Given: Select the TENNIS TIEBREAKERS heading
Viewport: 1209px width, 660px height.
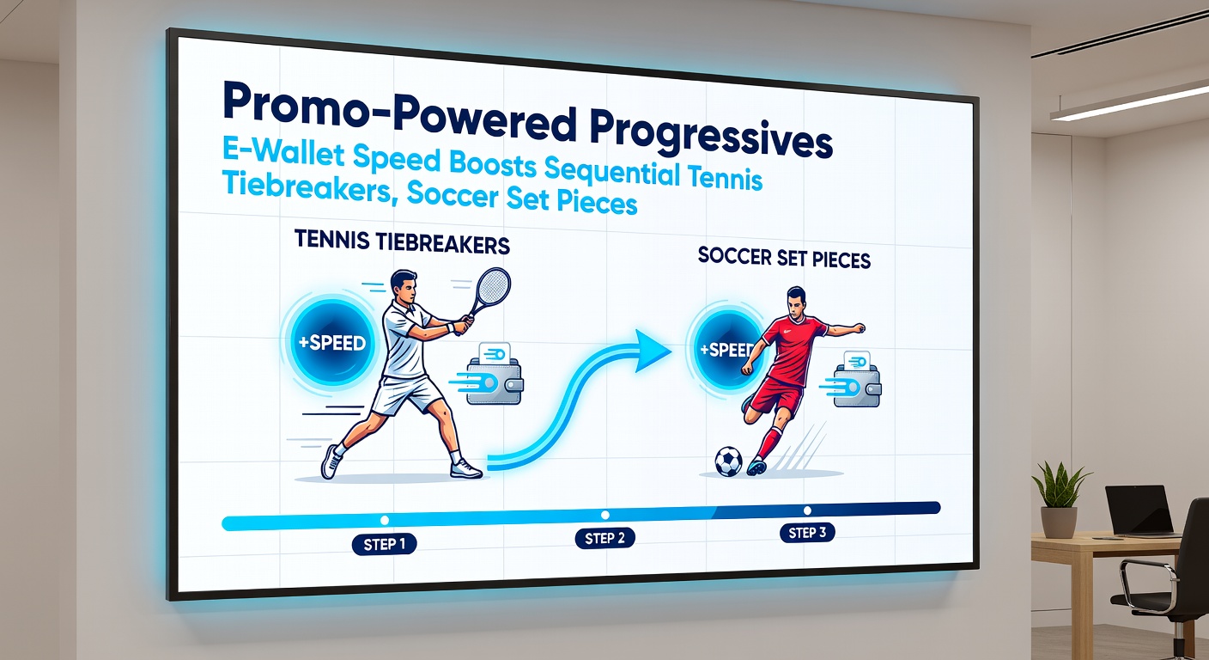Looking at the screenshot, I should click(402, 243).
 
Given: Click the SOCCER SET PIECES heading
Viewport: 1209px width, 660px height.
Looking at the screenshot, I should click(784, 257).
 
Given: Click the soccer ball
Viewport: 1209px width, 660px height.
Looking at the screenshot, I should click(728, 461).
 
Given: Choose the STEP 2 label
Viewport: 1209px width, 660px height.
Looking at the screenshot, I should click(604, 539).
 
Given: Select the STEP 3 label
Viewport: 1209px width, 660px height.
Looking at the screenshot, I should click(807, 533).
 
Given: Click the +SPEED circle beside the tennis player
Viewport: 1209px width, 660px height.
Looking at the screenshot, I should click(331, 342).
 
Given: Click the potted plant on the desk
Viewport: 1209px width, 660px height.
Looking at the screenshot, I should click(1060, 498).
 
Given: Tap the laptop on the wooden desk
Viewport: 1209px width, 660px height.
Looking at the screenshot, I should click(1139, 510).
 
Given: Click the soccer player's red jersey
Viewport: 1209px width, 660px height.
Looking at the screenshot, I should click(794, 349).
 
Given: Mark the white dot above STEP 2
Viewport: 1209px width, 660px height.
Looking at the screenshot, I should click(604, 515).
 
